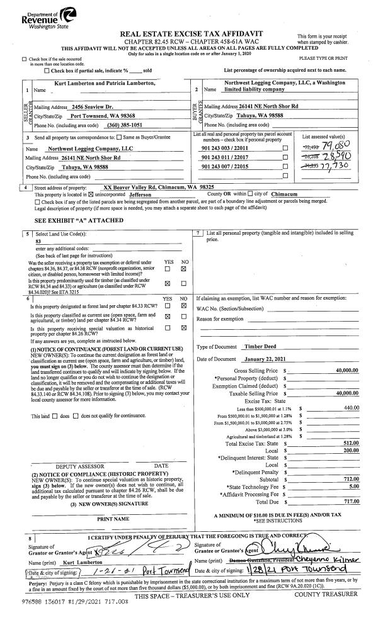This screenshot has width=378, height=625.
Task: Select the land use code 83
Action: pyautogui.click(x=39, y=241)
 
